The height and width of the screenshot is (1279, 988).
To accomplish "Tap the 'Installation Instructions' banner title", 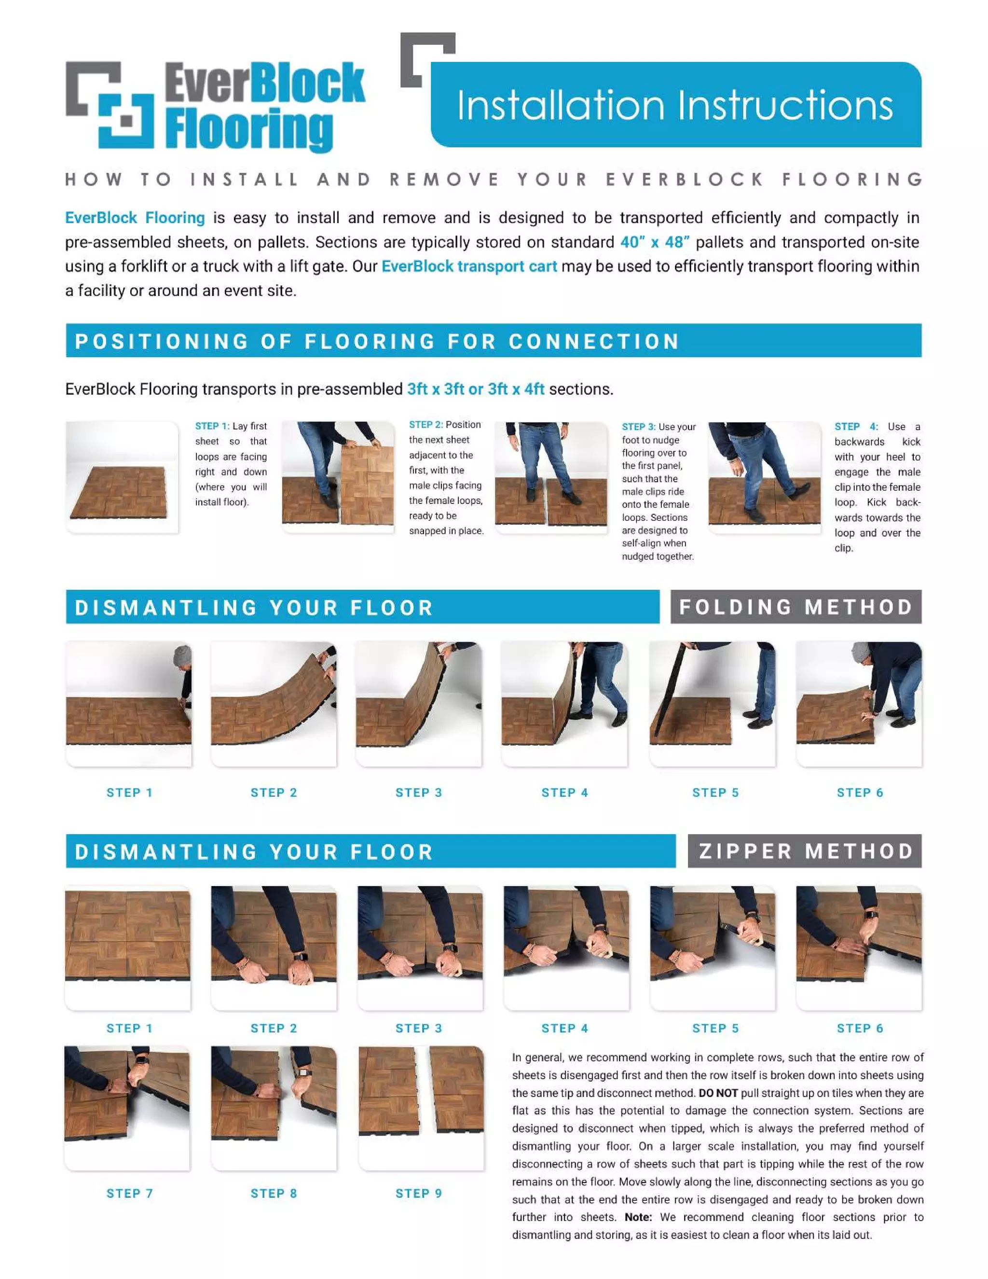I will click(x=674, y=106).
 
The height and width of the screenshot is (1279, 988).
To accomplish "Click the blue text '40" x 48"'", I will click(x=654, y=242).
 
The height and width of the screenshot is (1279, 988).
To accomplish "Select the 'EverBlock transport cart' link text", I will click(x=469, y=266).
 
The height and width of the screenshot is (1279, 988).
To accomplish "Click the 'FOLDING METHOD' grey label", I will click(x=796, y=607).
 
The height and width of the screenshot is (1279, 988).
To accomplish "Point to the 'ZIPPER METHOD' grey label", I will click(x=805, y=851).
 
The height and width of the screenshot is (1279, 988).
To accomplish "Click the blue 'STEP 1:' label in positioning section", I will click(x=212, y=426).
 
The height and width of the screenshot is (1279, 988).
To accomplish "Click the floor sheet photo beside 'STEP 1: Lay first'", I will click(x=122, y=477).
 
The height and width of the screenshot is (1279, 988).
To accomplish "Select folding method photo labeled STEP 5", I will click(x=713, y=703).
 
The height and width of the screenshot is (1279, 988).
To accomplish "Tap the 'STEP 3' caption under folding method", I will click(x=418, y=792).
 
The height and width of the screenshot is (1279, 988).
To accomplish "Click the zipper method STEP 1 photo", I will click(x=127, y=948).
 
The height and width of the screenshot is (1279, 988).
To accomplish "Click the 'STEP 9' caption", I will click(x=418, y=1194).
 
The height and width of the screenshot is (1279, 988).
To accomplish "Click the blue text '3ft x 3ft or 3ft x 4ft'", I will click(x=475, y=389).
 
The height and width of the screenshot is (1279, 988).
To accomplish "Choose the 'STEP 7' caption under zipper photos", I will click(x=129, y=1194).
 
